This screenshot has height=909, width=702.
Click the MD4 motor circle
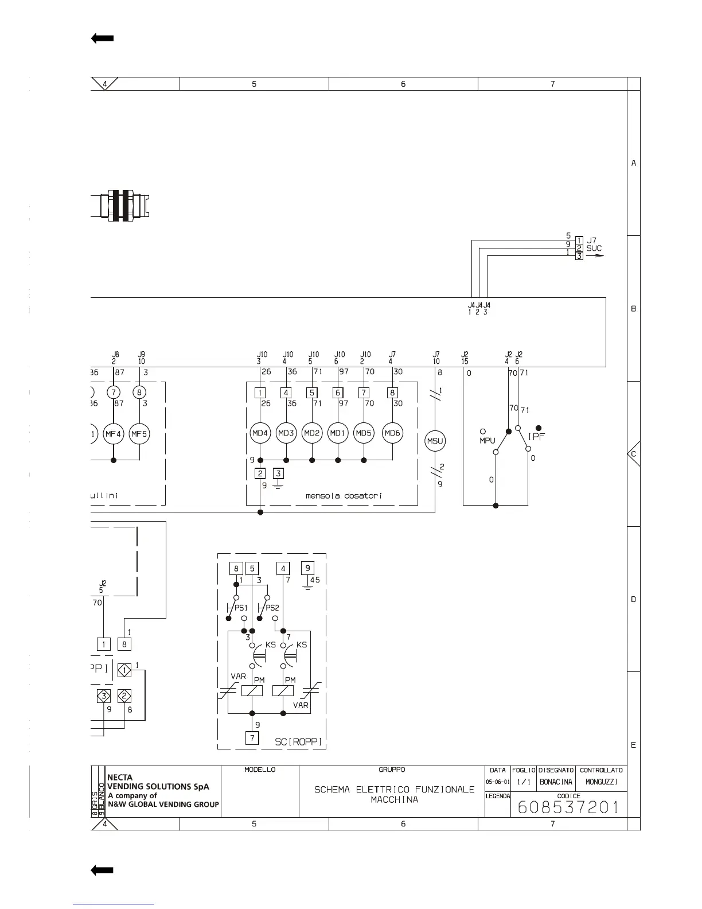coord(260,433)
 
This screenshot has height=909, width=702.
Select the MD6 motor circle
coord(392,433)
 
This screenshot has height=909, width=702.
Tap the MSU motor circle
coord(435,441)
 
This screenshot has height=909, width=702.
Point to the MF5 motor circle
coord(139,434)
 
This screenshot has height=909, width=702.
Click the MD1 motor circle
coord(338,433)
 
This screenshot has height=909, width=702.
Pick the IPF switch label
coord(536,437)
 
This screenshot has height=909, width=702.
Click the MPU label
coord(487,441)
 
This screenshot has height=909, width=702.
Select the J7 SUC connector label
coord(594,244)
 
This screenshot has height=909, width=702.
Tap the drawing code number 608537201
coord(568,807)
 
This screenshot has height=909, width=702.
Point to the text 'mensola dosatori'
coord(344,495)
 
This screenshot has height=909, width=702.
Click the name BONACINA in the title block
coord(556,782)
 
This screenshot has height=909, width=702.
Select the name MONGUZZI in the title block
coord(601,782)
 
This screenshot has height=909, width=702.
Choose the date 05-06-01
coord(498,782)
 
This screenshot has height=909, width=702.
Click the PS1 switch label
coord(241,608)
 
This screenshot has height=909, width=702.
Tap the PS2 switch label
coord(272,608)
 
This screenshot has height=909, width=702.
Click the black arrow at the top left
coord(103,38)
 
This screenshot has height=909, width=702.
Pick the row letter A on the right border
coord(634,164)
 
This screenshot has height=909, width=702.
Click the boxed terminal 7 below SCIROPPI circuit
coord(252,738)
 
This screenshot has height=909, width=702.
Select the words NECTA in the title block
coord(120,778)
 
